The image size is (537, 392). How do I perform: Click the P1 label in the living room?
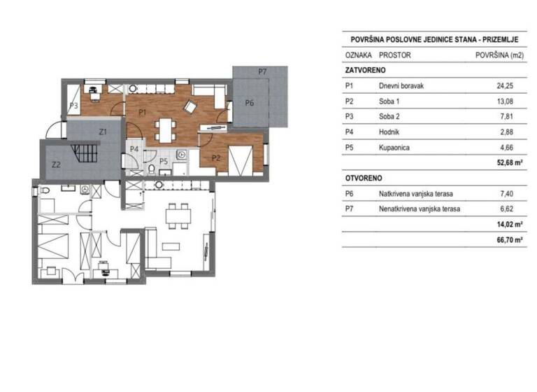[x=141, y=112]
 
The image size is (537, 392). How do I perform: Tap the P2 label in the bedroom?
[x=216, y=158]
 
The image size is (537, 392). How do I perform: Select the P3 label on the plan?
[x=73, y=106]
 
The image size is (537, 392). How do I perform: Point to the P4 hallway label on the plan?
[x=134, y=148]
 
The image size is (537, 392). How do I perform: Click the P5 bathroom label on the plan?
[x=163, y=160]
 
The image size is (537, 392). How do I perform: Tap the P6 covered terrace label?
[x=250, y=103]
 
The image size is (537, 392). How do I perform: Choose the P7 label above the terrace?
[x=262, y=71]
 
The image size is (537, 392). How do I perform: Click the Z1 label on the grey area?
[x=102, y=131]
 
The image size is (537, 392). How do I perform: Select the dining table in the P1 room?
[x=166, y=128]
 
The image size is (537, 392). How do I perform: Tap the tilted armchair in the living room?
[x=189, y=107]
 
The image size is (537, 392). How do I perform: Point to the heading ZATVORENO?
[x=365, y=71]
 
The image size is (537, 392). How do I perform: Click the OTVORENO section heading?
[x=363, y=178]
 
